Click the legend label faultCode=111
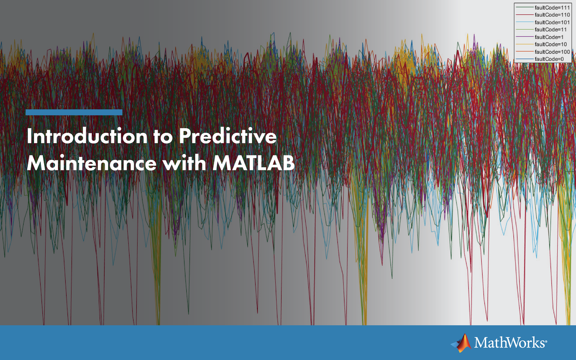click(x=552, y=8)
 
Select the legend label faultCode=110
click(x=552, y=15)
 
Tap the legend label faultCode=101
click(x=552, y=23)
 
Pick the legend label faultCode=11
click(x=551, y=30)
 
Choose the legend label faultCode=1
click(x=549, y=37)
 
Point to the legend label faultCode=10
click(x=551, y=44)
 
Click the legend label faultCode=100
click(x=552, y=52)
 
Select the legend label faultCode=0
click(x=549, y=59)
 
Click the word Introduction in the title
click(x=87, y=136)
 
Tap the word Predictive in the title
click(x=228, y=136)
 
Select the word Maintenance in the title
click(x=92, y=163)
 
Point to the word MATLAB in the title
click(x=253, y=163)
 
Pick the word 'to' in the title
click(x=163, y=137)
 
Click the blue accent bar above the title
click(x=74, y=112)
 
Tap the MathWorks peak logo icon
click(x=461, y=343)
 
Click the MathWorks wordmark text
click(x=510, y=343)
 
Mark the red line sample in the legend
click(x=525, y=15)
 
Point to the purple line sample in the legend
click(x=525, y=37)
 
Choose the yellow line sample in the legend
click(x=525, y=44)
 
